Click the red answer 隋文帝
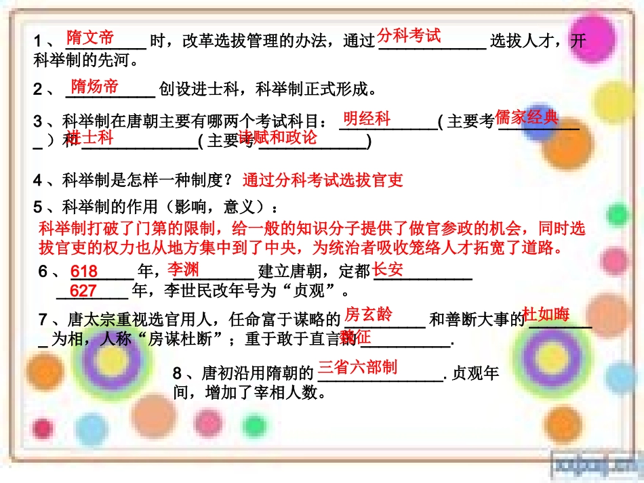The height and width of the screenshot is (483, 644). tap(89, 37)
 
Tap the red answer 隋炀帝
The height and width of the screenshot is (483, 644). tap(94, 86)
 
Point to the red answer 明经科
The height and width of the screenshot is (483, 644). tap(367, 119)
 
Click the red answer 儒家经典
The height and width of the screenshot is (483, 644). tap(527, 117)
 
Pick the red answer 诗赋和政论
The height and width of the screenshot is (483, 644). tap(278, 138)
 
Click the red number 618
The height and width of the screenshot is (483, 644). tap(84, 272)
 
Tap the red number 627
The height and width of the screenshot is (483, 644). tap(83, 291)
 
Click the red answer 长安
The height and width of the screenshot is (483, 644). tap(388, 269)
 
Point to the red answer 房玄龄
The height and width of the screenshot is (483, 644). tap(368, 314)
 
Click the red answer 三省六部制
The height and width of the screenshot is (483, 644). tap(357, 367)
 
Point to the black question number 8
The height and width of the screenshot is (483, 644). tap(178, 373)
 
